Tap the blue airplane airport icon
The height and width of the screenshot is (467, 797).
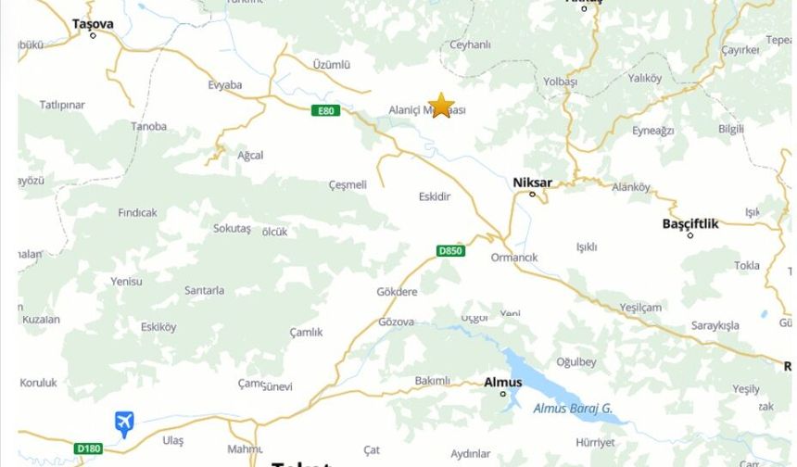click(124, 423)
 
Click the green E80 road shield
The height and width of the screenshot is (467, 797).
click(324, 111)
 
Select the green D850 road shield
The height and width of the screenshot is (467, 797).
click(450, 251)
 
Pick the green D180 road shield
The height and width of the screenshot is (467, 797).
click(89, 448)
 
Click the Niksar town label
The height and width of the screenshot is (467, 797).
click(531, 182)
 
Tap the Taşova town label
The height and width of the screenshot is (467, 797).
click(93, 24)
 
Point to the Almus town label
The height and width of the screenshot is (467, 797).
click(502, 382)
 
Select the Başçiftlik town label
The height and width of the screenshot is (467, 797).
click(690, 223)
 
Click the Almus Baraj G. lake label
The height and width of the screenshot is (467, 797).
click(573, 408)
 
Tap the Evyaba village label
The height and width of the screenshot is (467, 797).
click(225, 85)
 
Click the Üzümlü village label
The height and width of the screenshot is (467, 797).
click(332, 65)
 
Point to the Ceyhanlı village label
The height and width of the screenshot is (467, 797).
click(470, 44)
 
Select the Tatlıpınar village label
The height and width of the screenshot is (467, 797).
click(62, 105)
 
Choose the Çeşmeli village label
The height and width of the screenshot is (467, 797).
click(348, 184)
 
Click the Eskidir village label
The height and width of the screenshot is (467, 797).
click(435, 196)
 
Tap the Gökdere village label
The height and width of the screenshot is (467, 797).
click(397, 292)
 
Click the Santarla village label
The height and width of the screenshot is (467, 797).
click(204, 290)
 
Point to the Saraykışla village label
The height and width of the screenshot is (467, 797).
click(715, 325)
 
